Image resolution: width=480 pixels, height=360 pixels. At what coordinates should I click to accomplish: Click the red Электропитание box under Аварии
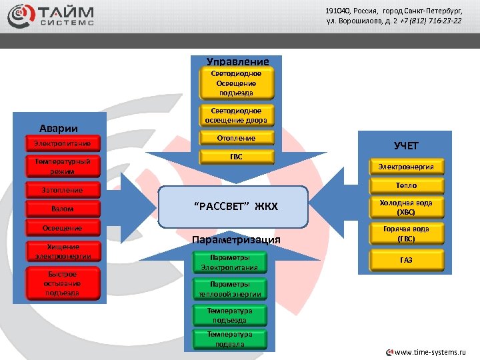coord(63,143)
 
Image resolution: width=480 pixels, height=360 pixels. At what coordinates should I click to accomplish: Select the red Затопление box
coord(63,191)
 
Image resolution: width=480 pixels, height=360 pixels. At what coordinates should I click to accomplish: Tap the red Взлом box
coord(63,209)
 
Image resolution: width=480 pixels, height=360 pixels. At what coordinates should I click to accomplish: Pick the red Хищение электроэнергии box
coord(63,251)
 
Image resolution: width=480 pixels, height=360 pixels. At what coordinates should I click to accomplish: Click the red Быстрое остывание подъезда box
coord(62,283)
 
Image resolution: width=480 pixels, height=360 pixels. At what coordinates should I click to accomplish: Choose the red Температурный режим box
coord(63,166)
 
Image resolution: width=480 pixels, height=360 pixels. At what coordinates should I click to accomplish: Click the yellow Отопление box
coord(236,138)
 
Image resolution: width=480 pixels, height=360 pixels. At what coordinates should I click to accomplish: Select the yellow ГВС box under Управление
coord(236,157)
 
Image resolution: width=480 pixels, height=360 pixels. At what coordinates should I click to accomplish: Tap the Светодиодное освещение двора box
coord(236,115)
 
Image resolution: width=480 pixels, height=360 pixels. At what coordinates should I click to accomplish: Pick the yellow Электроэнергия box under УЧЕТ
coord(405,167)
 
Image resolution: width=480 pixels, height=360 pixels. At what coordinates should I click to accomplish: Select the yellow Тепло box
coord(405,185)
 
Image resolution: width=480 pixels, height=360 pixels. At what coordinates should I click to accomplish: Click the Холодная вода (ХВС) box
coord(405,207)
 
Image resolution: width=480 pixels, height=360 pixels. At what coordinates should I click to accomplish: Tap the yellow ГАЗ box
coord(405,260)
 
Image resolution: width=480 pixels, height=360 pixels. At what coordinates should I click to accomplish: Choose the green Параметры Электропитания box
coord(229,263)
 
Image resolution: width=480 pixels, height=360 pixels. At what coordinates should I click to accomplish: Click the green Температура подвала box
coord(229,339)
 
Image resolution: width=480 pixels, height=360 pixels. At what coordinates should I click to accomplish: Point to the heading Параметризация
coord(236,240)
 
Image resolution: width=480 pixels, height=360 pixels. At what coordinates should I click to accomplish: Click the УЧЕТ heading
coord(406,145)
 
